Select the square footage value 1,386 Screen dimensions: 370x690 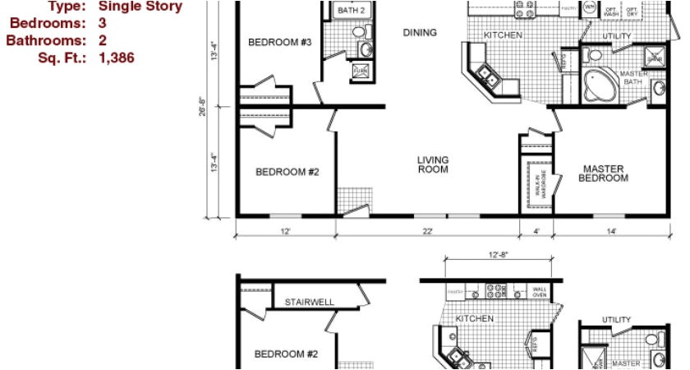click(x=116, y=58)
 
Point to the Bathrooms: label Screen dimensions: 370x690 click(x=45, y=40)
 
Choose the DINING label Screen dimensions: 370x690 click(x=420, y=33)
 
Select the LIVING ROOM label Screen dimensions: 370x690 click(x=433, y=164)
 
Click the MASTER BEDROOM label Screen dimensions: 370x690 click(x=604, y=173)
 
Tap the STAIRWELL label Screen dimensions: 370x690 click(x=310, y=302)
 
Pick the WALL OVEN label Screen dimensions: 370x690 click(x=540, y=292)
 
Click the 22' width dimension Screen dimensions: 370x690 click(x=427, y=232)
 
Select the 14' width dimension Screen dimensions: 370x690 click(x=611, y=232)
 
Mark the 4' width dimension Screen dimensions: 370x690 click(x=536, y=232)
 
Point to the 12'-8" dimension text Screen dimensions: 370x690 click(x=498, y=255)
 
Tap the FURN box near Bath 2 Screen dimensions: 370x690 click(x=360, y=72)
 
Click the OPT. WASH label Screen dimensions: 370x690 click(x=611, y=12)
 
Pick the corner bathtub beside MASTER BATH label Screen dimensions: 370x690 click(x=597, y=82)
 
